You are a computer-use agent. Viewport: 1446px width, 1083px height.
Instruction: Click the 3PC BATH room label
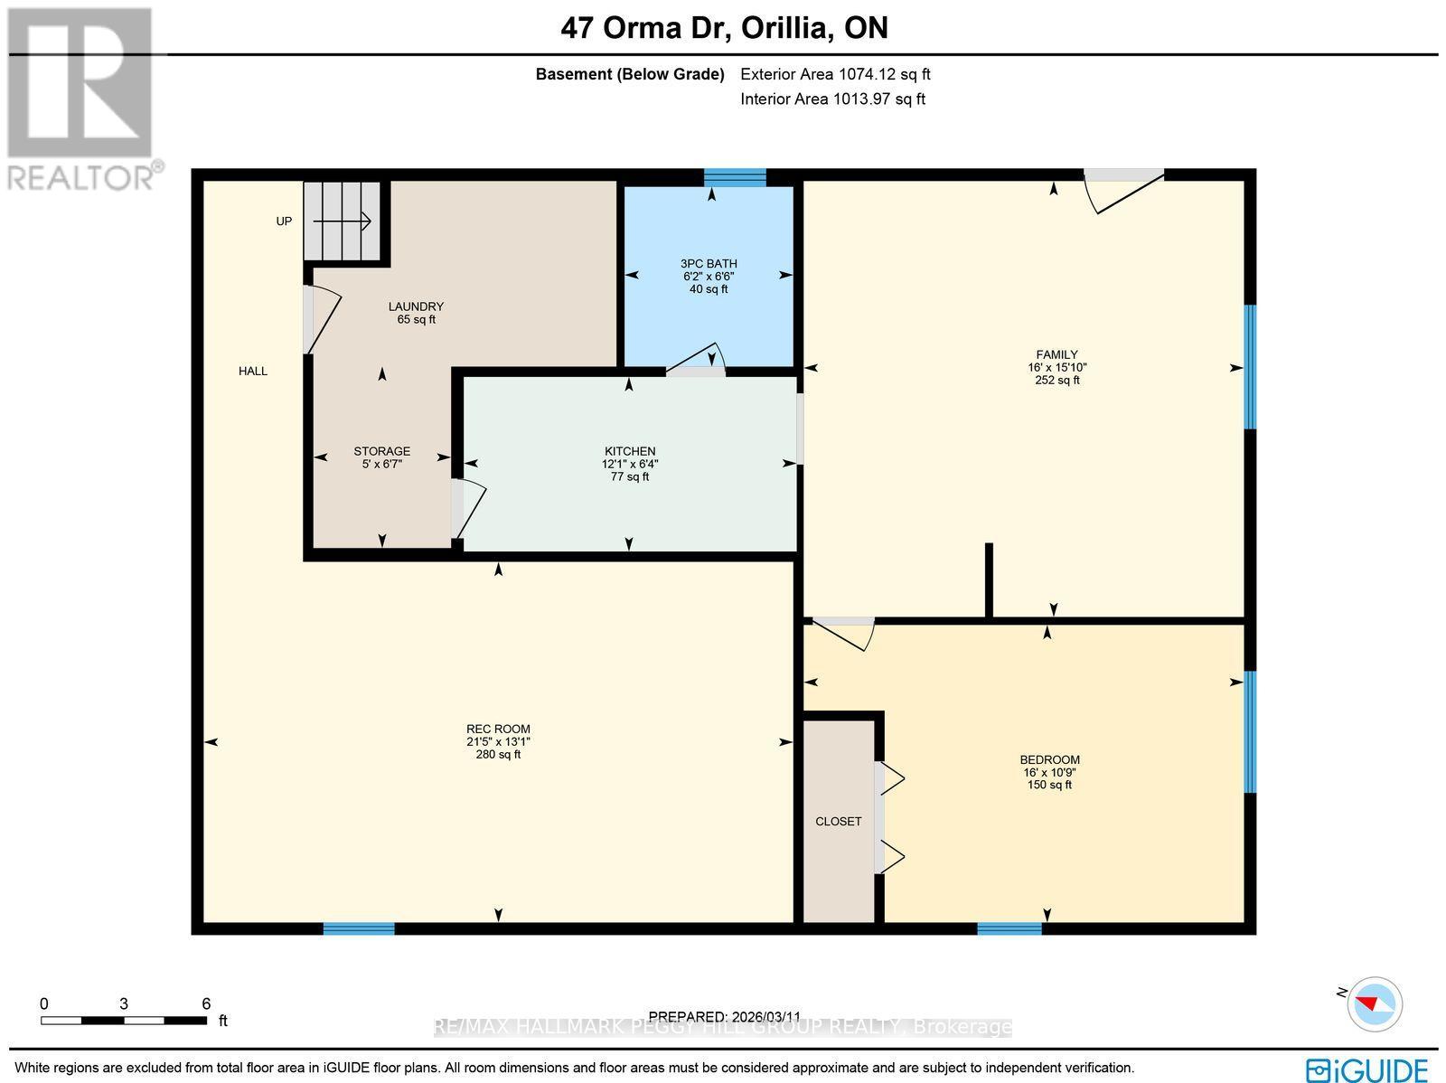pos(709,264)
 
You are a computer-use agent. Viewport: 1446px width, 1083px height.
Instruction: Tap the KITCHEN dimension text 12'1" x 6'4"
pos(630,464)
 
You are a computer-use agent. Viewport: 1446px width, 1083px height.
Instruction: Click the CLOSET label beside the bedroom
pos(838,822)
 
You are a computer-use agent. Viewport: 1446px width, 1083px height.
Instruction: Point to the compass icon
pos(1375,1004)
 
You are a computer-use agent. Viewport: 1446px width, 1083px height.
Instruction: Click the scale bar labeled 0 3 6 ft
pos(123,1020)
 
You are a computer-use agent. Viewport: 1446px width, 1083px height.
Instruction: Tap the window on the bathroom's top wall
pos(735,176)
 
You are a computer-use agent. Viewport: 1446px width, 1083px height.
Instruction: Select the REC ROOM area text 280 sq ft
pos(498,754)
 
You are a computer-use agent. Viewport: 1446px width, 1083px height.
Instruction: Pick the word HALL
pos(253,371)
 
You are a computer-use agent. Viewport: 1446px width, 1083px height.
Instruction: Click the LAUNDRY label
pos(416,306)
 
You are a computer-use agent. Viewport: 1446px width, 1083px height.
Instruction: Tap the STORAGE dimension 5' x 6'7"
pos(381,464)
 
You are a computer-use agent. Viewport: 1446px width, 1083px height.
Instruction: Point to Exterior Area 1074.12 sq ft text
pos(835,75)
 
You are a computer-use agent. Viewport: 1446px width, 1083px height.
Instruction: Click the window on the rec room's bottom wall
pos(359,928)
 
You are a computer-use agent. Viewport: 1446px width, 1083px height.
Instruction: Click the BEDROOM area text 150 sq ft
pos(1049,785)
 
